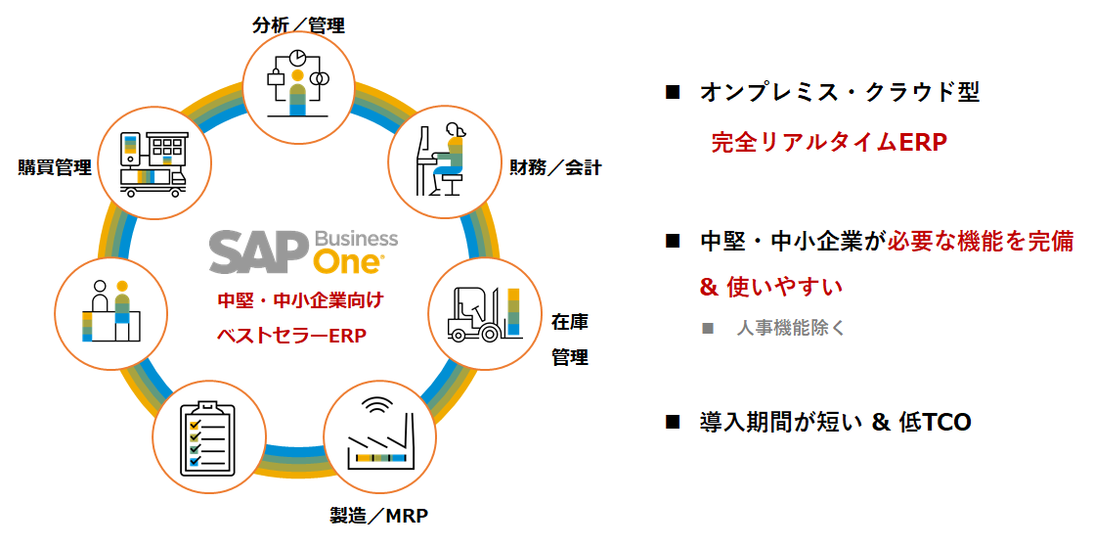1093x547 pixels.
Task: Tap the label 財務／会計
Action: pyautogui.click(x=555, y=167)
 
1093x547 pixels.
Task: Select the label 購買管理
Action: pyautogui.click(x=55, y=167)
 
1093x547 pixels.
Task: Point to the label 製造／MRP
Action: pyautogui.click(x=379, y=516)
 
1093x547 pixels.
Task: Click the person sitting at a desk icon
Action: pyautogui.click(x=445, y=160)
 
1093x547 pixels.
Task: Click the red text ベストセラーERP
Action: pyautogui.click(x=291, y=336)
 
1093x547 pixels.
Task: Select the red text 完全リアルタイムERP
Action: pyautogui.click(x=829, y=142)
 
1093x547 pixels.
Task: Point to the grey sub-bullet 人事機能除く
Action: pyautogui.click(x=790, y=328)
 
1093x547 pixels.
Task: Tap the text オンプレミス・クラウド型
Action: pyautogui.click(x=840, y=93)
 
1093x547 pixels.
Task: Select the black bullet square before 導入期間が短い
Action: pyautogui.click(x=672, y=422)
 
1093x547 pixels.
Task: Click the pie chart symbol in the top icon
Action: pyautogui.click(x=297, y=57)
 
